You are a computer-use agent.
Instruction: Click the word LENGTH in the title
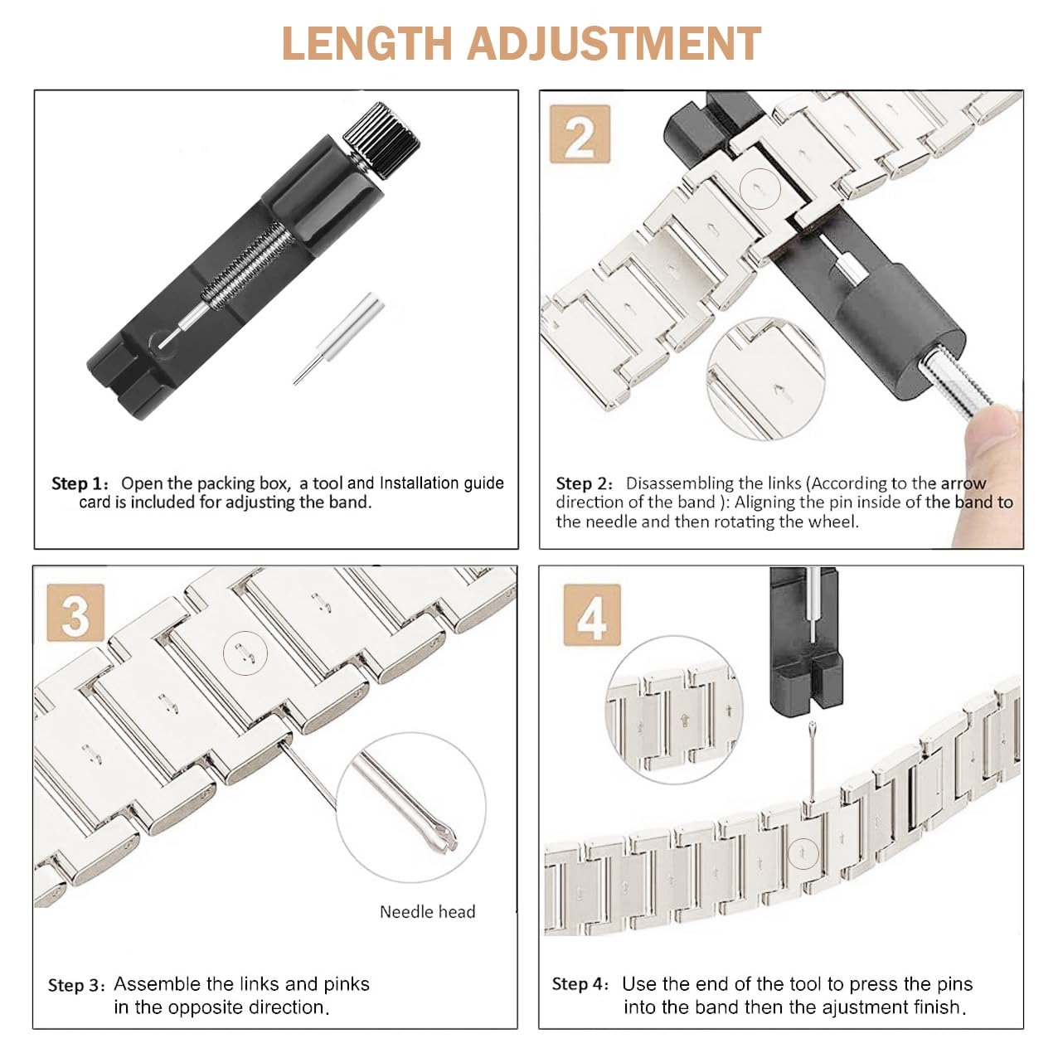click(x=366, y=43)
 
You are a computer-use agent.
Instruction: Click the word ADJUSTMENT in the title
click(x=614, y=43)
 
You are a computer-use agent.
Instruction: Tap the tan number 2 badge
click(x=580, y=134)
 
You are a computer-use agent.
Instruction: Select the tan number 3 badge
click(x=75, y=612)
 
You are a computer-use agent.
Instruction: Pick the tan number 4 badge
click(x=592, y=614)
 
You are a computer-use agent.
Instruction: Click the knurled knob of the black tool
click(x=381, y=140)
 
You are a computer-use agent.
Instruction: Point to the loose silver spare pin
click(x=338, y=337)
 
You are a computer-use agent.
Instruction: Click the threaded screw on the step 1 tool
click(x=247, y=264)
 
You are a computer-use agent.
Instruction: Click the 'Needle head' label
click(x=427, y=912)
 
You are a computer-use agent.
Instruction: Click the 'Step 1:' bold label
click(x=80, y=483)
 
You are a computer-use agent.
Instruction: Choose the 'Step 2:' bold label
click(x=584, y=483)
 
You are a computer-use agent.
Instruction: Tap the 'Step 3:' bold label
click(x=75, y=986)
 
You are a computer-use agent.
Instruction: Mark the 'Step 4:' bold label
click(x=580, y=984)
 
